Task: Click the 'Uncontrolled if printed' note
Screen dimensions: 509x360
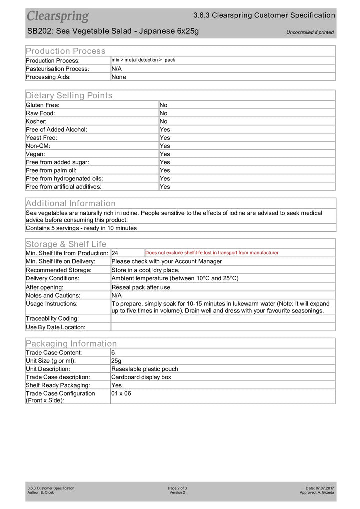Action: [310, 33]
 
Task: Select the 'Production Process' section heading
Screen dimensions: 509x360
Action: [66, 51]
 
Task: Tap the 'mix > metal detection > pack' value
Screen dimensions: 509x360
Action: [143, 60]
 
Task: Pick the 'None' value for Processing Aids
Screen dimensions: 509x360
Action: [119, 77]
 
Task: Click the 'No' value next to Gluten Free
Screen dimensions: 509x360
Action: [164, 105]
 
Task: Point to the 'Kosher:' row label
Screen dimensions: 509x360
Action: [37, 121]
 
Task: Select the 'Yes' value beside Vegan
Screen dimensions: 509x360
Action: [165, 154]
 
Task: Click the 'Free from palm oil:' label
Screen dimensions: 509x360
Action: [55, 170]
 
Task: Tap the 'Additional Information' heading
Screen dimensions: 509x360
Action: [70, 203]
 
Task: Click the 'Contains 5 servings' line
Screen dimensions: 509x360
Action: [81, 228]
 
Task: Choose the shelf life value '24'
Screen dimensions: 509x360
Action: [115, 253]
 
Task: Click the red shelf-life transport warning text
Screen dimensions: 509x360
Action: [212, 253]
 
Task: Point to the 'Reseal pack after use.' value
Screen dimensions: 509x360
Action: [142, 287]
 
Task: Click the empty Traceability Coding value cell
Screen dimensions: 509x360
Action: [223, 318]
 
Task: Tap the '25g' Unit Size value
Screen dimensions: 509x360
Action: [117, 361]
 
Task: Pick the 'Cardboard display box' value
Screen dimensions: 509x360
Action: [141, 377]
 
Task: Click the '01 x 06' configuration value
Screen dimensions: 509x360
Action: [121, 393]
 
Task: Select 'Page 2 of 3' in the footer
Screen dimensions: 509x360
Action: [177, 488]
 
